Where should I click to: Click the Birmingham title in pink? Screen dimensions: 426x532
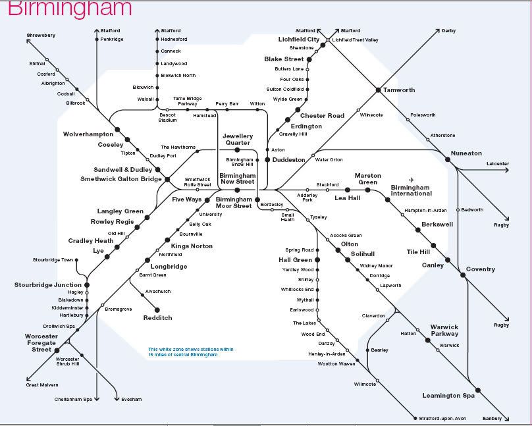point(70,9)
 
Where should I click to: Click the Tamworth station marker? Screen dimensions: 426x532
point(378,90)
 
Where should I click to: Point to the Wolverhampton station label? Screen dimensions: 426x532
point(88,134)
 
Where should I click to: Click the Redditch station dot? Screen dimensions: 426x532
point(158,309)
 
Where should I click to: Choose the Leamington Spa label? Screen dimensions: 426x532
point(450,396)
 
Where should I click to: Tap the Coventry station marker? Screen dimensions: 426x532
point(464,275)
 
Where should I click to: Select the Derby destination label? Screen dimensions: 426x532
point(448,31)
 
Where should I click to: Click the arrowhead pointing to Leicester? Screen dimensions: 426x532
point(507,170)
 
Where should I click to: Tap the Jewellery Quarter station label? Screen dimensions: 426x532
point(237,139)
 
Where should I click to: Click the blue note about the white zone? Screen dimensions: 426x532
point(190,352)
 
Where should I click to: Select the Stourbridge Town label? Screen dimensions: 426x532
point(51,260)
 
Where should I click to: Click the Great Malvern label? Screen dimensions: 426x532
point(42,385)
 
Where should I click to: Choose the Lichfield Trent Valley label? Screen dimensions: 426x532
point(356,40)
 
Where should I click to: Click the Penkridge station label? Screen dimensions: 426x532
point(112,40)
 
